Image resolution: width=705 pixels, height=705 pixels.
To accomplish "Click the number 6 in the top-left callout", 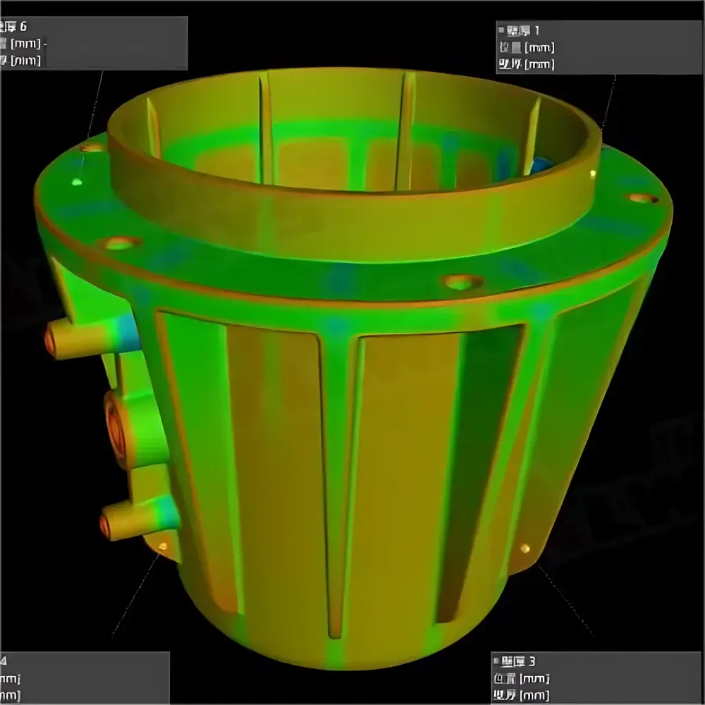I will [23, 27].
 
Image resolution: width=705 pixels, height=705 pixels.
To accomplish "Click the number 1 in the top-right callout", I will [537, 30].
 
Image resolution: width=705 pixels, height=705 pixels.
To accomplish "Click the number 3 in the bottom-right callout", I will [532, 661].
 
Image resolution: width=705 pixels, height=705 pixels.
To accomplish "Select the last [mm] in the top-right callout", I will [541, 64].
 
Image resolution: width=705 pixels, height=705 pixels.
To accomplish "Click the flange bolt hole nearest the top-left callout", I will [92, 149].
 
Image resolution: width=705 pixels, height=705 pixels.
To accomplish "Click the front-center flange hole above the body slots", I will [462, 283].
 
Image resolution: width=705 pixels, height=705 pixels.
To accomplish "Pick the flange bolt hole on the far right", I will [642, 198].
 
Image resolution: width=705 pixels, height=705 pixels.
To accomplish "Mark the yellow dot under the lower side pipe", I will [162, 546].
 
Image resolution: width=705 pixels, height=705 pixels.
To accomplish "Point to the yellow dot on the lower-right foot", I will [524, 548].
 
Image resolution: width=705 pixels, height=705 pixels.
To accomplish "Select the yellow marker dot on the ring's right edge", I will [594, 173].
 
